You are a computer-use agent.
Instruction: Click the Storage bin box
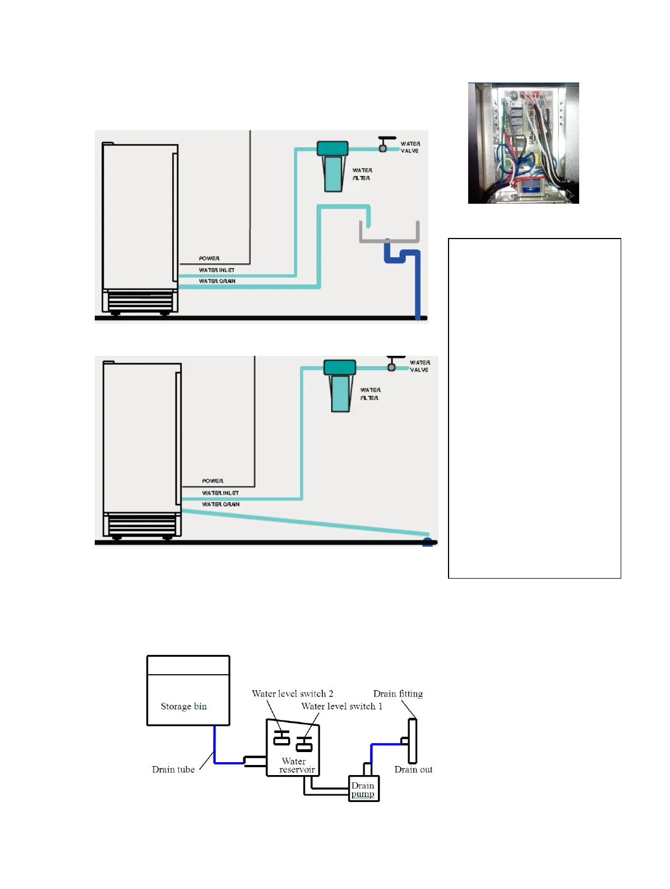(x=188, y=691)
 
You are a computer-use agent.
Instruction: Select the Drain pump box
(x=363, y=789)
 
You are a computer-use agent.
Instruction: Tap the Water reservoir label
(x=295, y=766)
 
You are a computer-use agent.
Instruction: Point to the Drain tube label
(x=173, y=769)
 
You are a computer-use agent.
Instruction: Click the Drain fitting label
(x=398, y=694)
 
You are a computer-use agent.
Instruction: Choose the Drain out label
(x=413, y=769)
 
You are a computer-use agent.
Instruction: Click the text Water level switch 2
(x=292, y=694)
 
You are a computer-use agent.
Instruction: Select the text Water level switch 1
(x=341, y=706)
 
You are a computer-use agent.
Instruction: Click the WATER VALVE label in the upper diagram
(x=410, y=147)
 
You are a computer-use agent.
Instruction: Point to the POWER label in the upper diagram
(x=209, y=258)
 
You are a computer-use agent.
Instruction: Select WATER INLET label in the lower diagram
(x=220, y=493)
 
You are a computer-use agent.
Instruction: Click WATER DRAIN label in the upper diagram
(x=217, y=281)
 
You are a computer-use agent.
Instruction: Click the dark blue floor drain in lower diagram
(x=427, y=542)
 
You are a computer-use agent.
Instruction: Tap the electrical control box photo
(x=523, y=143)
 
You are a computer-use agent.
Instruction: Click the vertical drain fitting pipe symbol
(x=412, y=741)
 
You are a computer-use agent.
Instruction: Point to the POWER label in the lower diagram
(x=212, y=481)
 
